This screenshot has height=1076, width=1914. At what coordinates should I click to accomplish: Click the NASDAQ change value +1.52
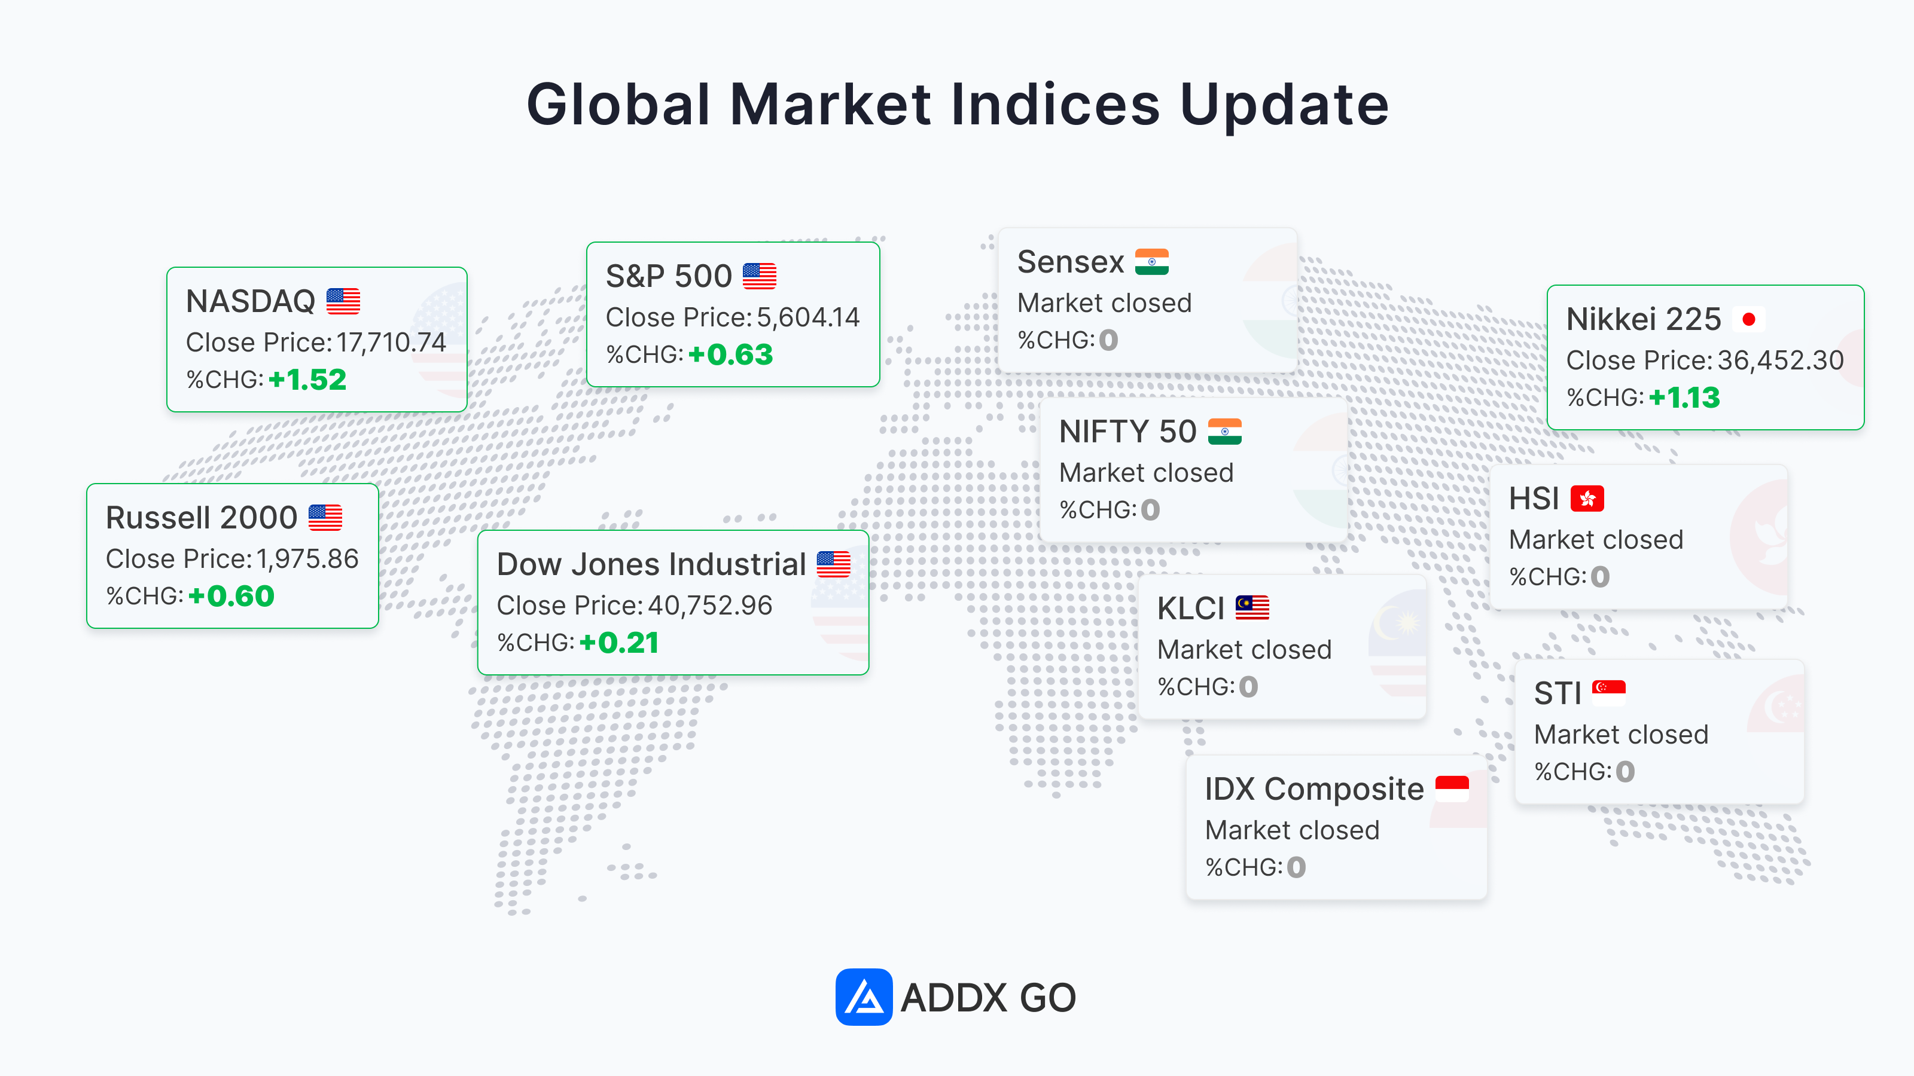click(307, 380)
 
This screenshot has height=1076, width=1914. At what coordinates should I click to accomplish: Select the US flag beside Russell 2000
click(325, 518)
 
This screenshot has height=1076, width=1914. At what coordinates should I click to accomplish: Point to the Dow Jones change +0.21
click(619, 643)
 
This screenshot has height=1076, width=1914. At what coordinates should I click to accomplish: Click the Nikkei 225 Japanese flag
click(1748, 319)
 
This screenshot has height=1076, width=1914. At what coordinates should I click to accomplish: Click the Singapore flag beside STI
click(1608, 693)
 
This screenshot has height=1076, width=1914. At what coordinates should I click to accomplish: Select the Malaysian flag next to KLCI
click(1252, 608)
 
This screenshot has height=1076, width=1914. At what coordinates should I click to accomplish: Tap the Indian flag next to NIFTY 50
click(1224, 432)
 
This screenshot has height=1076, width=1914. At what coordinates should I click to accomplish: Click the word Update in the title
click(1284, 105)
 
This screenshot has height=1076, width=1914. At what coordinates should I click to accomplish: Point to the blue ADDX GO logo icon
click(863, 996)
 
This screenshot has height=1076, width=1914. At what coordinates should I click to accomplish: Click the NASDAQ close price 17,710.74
click(391, 343)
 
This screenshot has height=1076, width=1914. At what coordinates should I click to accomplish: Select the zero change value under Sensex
click(1108, 340)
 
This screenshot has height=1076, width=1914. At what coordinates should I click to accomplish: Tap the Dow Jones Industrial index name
click(651, 564)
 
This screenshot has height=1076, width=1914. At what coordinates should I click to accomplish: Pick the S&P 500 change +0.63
click(730, 354)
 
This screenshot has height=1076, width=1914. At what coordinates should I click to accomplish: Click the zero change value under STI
click(1625, 772)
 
